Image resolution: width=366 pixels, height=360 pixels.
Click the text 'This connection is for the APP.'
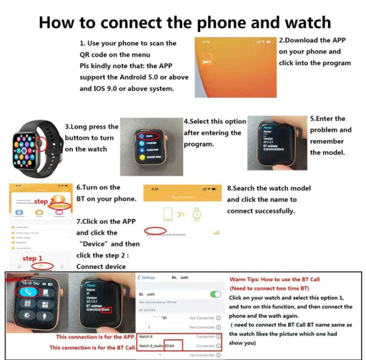tap(95, 336)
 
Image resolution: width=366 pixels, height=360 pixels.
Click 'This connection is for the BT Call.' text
tap(91, 347)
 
